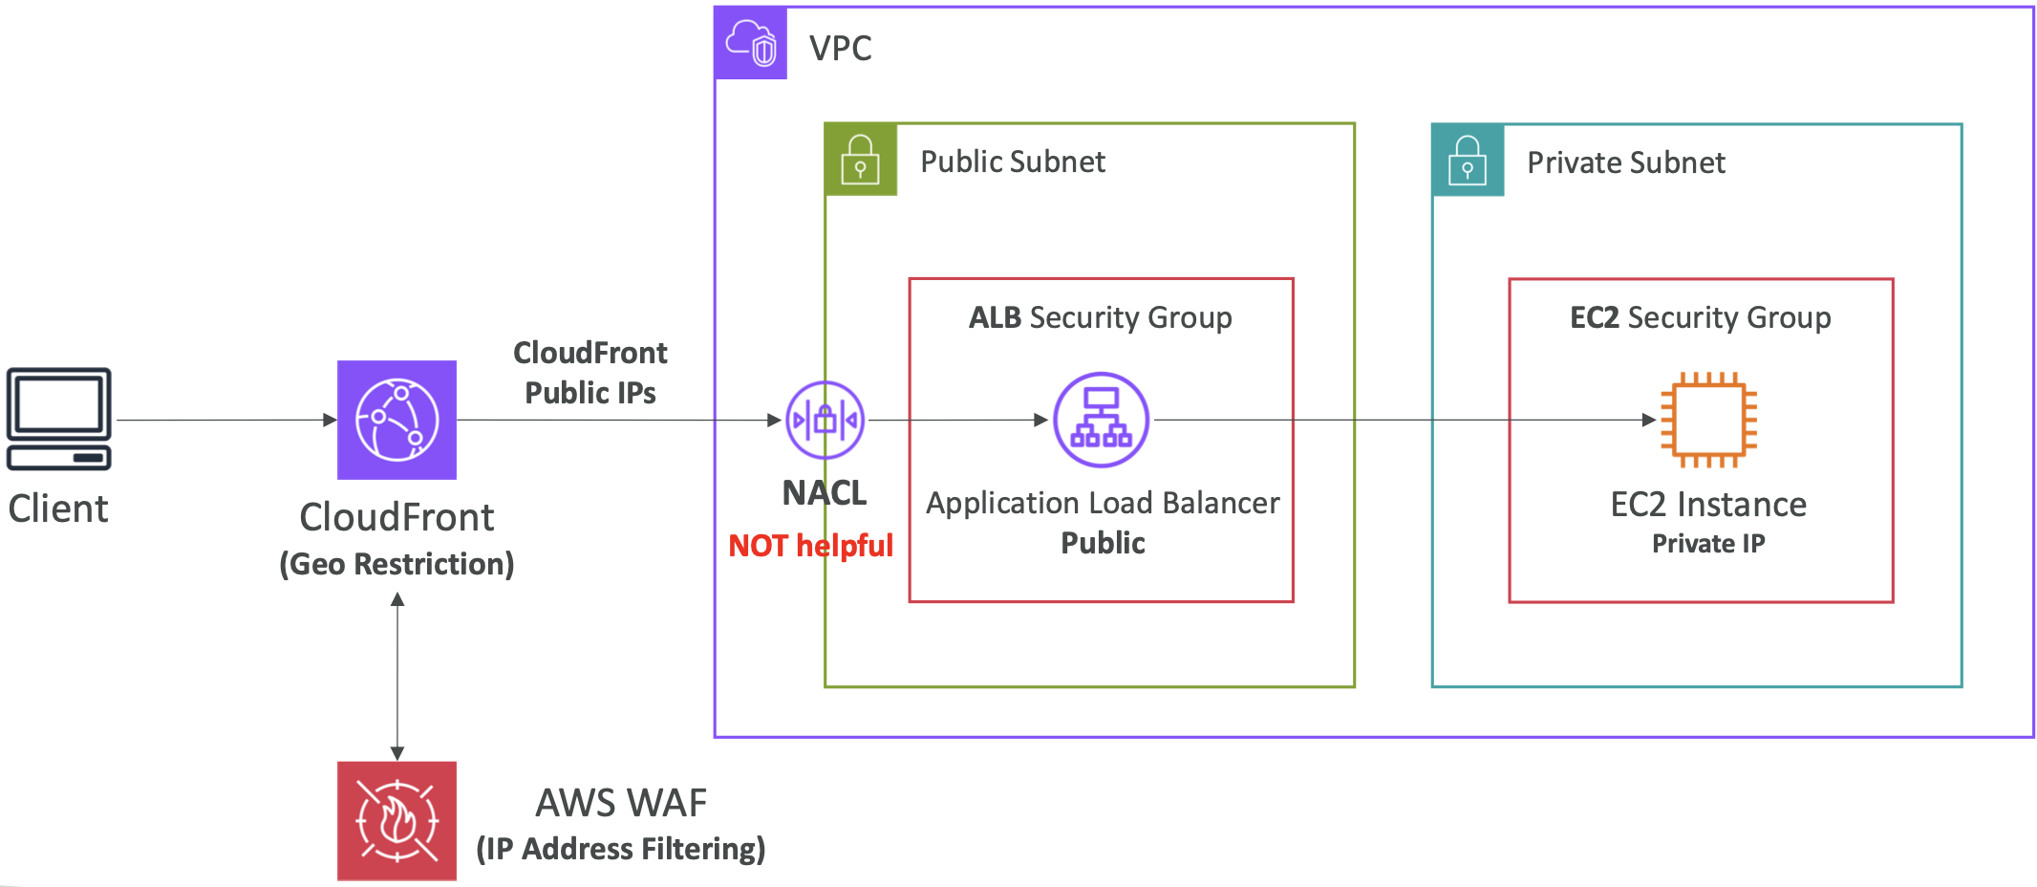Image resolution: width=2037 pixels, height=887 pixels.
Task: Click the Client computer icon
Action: click(x=59, y=419)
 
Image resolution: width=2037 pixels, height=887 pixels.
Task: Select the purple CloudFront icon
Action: click(x=397, y=420)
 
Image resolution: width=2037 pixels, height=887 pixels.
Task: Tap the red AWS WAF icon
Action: click(x=397, y=820)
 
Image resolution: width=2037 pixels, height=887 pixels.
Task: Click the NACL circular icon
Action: click(x=825, y=420)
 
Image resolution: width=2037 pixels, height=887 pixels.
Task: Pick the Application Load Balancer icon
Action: click(x=1101, y=420)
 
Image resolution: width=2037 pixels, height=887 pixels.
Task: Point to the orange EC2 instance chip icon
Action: click(x=1708, y=420)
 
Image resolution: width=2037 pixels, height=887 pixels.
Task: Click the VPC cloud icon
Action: click(x=751, y=43)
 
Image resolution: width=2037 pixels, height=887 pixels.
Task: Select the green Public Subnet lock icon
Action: click(x=860, y=160)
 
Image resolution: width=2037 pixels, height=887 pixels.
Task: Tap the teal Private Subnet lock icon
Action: click(x=1468, y=160)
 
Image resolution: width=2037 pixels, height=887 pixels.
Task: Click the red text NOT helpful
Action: click(x=810, y=546)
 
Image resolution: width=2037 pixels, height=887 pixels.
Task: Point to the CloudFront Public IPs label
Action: click(x=590, y=373)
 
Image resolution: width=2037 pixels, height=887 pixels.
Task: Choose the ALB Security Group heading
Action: click(x=1101, y=317)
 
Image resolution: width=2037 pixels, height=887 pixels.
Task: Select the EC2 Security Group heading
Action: click(x=1701, y=317)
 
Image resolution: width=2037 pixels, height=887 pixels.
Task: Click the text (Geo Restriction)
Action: click(x=397, y=564)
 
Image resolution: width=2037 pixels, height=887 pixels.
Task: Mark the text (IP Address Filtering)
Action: click(x=621, y=849)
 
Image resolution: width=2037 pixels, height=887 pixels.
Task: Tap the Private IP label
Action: click(x=1708, y=544)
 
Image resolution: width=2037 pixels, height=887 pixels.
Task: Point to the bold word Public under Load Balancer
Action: click(x=1103, y=543)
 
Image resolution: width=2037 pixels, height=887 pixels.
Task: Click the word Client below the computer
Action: click(x=58, y=508)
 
